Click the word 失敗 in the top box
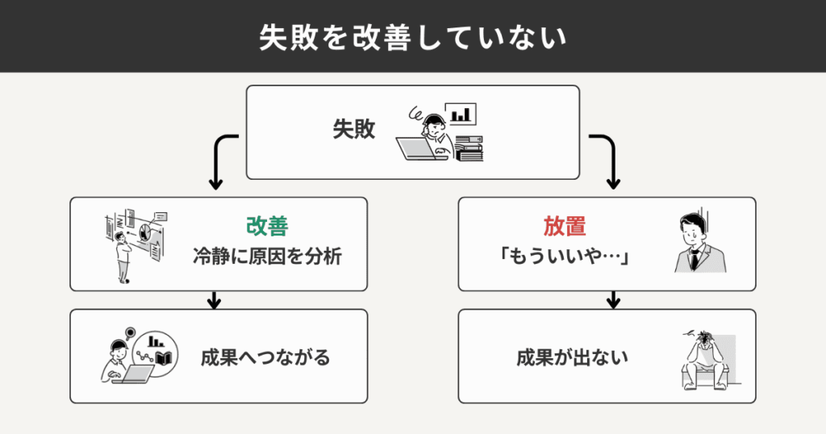click(354, 130)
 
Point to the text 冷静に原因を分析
click(267, 258)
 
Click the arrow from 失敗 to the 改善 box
click(218, 161)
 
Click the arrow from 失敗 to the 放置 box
click(609, 161)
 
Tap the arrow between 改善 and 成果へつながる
click(214, 300)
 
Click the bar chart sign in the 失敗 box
click(461, 115)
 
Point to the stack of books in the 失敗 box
click(469, 148)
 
